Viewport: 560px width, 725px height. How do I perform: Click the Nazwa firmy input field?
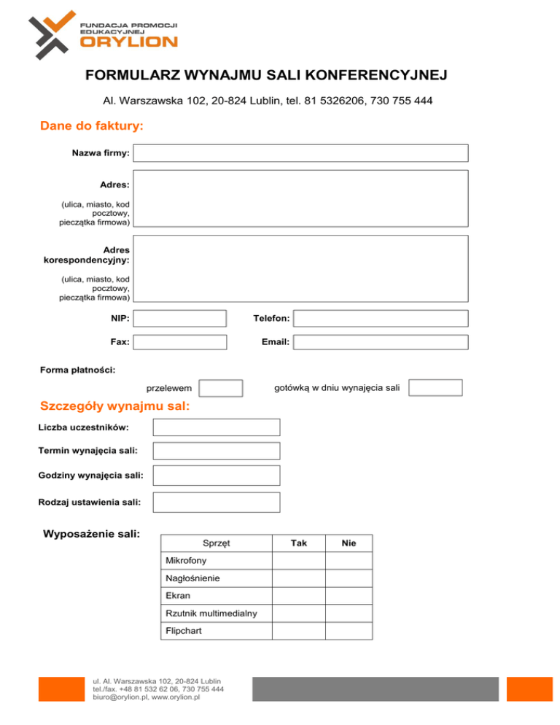click(300, 153)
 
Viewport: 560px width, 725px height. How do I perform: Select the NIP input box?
click(181, 319)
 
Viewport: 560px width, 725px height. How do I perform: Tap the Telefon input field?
click(381, 319)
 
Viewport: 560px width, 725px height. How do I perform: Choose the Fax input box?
click(181, 341)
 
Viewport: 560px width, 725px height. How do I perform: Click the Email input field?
click(381, 341)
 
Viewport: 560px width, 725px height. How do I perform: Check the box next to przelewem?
click(221, 388)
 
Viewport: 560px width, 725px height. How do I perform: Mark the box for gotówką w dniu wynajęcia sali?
click(435, 387)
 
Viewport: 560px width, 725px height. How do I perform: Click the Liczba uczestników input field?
click(216, 427)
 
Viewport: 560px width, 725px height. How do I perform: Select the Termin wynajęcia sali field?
click(216, 451)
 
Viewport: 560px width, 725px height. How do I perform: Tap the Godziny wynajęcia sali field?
click(216, 476)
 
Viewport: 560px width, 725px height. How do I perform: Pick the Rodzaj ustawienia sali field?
click(216, 502)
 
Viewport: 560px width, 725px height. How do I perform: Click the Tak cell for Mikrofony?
click(298, 561)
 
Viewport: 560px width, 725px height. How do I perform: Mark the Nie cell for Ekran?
click(349, 596)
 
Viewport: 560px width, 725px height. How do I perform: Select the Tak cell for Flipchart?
click(298, 630)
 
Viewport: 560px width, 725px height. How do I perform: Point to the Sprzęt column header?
click(217, 543)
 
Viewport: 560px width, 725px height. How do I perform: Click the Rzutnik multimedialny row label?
click(211, 613)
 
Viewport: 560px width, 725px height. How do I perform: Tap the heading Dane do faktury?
click(91, 126)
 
